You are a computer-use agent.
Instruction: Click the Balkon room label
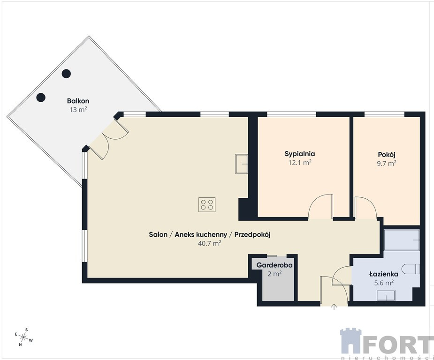(x=78, y=101)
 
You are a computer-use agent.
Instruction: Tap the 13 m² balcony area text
(x=78, y=110)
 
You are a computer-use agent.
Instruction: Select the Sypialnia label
(x=300, y=154)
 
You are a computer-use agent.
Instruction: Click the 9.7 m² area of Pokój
(x=387, y=163)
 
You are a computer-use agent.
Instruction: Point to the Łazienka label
(x=384, y=274)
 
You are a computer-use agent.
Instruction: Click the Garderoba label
(x=274, y=265)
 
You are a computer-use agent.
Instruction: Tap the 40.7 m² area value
(x=209, y=243)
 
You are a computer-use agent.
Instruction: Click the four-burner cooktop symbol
(x=207, y=204)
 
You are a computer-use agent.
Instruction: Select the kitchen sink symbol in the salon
(x=241, y=164)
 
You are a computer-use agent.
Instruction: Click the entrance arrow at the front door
(x=334, y=307)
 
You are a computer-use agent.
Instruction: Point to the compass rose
(x=24, y=337)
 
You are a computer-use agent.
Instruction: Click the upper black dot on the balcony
(x=66, y=74)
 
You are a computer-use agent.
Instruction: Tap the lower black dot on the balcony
(x=41, y=97)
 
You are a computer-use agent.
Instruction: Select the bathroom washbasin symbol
(x=386, y=296)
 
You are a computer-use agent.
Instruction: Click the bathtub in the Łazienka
(x=402, y=240)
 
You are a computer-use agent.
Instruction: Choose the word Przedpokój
(x=252, y=235)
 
